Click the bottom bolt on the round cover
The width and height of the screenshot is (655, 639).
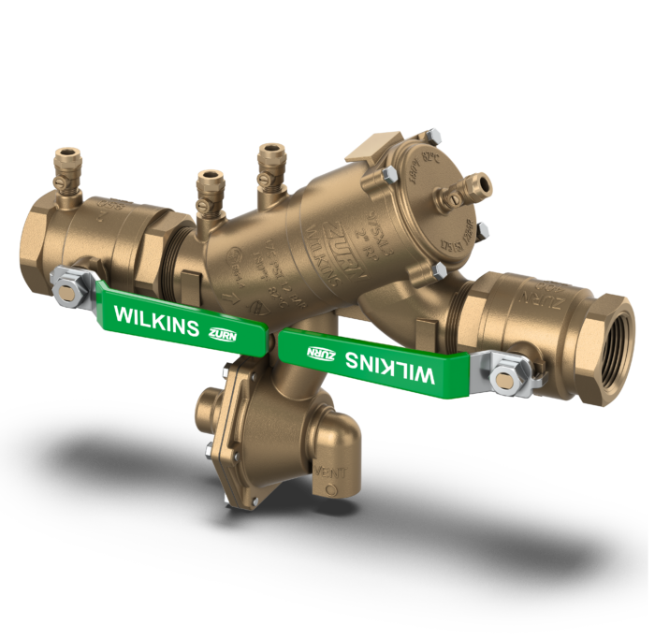point(438,271)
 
